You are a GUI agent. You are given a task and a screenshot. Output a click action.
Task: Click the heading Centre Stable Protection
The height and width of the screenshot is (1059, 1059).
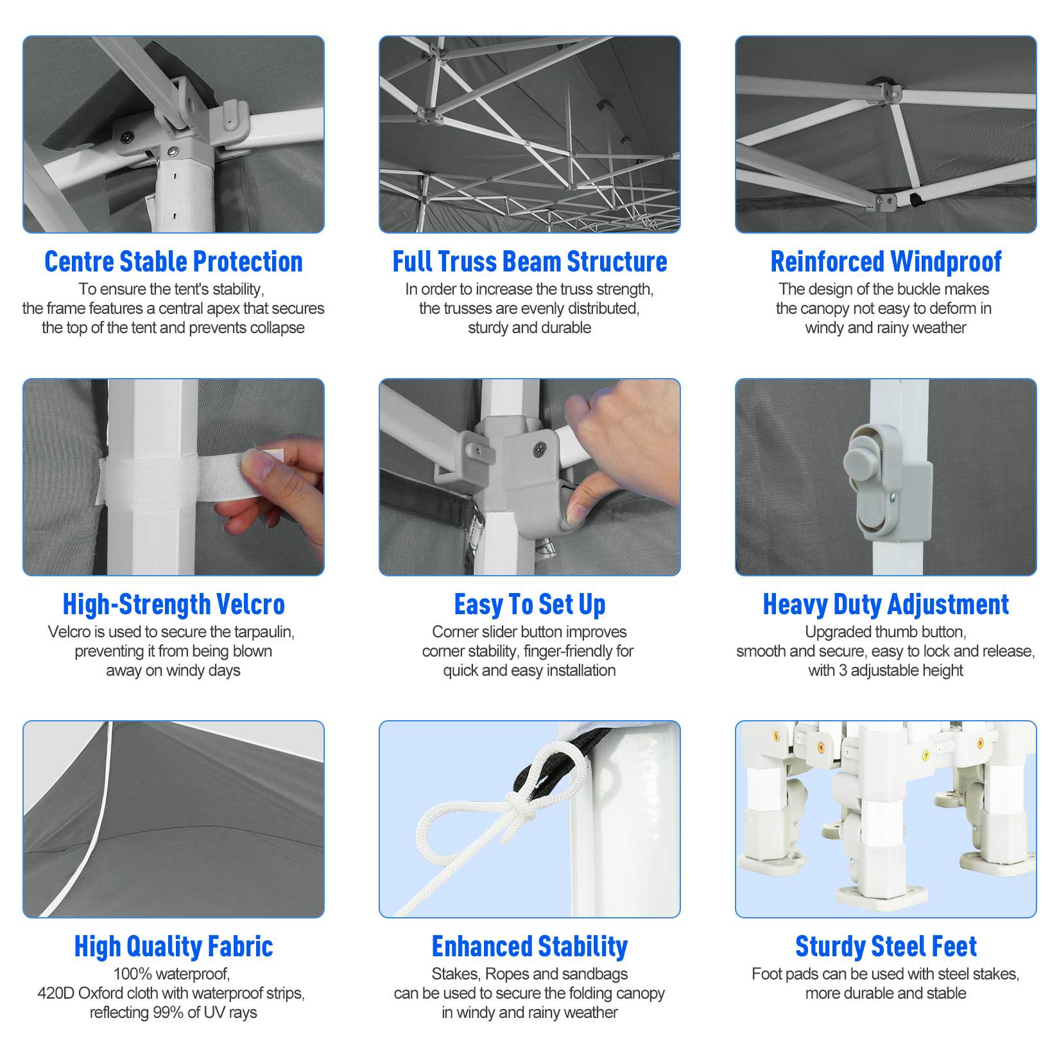tap(173, 262)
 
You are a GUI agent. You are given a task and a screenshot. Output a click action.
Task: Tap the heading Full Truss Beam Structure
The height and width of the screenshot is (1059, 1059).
tap(529, 262)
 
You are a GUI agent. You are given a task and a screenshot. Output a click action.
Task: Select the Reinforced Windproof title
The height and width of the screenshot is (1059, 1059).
tap(886, 262)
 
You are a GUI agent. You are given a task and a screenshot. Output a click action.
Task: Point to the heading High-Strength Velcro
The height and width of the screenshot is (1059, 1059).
tap(173, 605)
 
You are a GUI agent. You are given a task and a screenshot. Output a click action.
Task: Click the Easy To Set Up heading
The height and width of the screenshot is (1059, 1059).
tap(529, 605)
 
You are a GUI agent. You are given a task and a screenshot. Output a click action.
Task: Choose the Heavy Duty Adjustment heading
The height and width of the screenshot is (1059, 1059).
tap(886, 605)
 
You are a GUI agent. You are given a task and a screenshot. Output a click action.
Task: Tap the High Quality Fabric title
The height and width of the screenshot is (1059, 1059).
tap(173, 947)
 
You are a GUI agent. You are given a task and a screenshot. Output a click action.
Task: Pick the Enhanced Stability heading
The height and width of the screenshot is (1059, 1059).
tap(529, 947)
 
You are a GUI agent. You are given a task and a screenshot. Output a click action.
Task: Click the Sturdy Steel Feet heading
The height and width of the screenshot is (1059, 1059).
tap(886, 947)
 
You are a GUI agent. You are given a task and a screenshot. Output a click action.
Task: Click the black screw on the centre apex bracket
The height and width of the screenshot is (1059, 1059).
tap(128, 136)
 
